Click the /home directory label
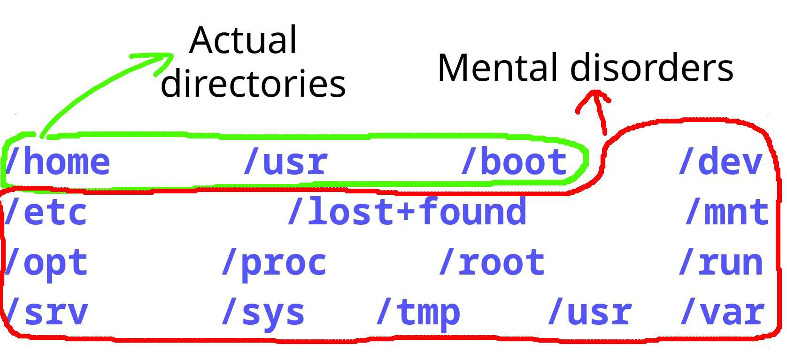point(57,162)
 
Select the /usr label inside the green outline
point(285,162)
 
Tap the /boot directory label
point(514,162)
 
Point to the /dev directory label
point(720,162)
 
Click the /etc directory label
point(46,212)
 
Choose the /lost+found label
point(407,212)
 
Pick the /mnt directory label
point(726,212)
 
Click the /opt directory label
point(46,263)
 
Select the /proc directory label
point(274,263)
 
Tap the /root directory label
point(492,263)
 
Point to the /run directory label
point(721,263)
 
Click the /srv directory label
point(46,313)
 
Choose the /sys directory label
point(263,313)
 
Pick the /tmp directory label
point(418,313)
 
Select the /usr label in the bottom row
point(589,313)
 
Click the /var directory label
point(722,313)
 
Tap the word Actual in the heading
point(243,40)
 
